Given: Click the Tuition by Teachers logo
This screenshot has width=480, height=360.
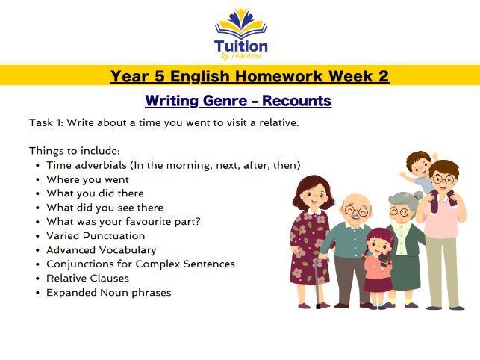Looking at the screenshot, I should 240,33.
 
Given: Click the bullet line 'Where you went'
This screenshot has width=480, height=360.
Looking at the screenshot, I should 87,179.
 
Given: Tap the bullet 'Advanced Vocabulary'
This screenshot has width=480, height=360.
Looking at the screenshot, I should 101,250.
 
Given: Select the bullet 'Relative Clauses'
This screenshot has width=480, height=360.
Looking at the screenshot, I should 87,279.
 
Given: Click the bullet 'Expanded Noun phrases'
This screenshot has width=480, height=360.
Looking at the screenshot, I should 108,293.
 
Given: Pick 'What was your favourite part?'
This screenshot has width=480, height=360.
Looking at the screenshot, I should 123,222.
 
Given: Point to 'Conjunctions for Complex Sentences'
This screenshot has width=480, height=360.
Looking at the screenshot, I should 140,264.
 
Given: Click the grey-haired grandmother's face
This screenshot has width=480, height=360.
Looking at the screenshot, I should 401,211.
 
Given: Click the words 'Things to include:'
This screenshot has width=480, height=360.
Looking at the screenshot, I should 74,151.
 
